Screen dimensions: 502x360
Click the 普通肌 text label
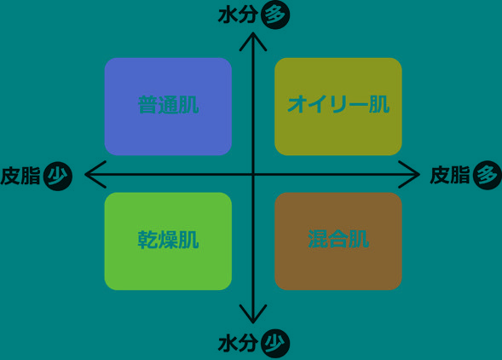click(x=169, y=105)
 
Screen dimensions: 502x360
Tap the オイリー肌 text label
click(x=338, y=104)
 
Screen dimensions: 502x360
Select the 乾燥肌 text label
click(x=169, y=240)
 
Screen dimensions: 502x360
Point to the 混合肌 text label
click(x=338, y=239)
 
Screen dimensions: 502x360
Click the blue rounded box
click(x=168, y=107)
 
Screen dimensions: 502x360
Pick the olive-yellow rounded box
click(x=338, y=107)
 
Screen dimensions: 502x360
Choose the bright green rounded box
click(x=168, y=241)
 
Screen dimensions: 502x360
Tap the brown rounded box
click(x=338, y=241)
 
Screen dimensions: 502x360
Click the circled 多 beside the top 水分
click(x=275, y=15)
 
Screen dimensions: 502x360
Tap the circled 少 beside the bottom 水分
click(x=275, y=344)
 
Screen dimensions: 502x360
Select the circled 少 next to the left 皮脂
click(x=58, y=176)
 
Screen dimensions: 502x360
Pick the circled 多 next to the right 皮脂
click(x=488, y=175)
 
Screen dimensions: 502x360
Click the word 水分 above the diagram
click(x=238, y=15)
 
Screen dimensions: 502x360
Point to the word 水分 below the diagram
click(x=238, y=344)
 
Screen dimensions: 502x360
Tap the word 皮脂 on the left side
click(x=20, y=176)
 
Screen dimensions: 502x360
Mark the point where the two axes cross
click(x=253, y=174)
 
